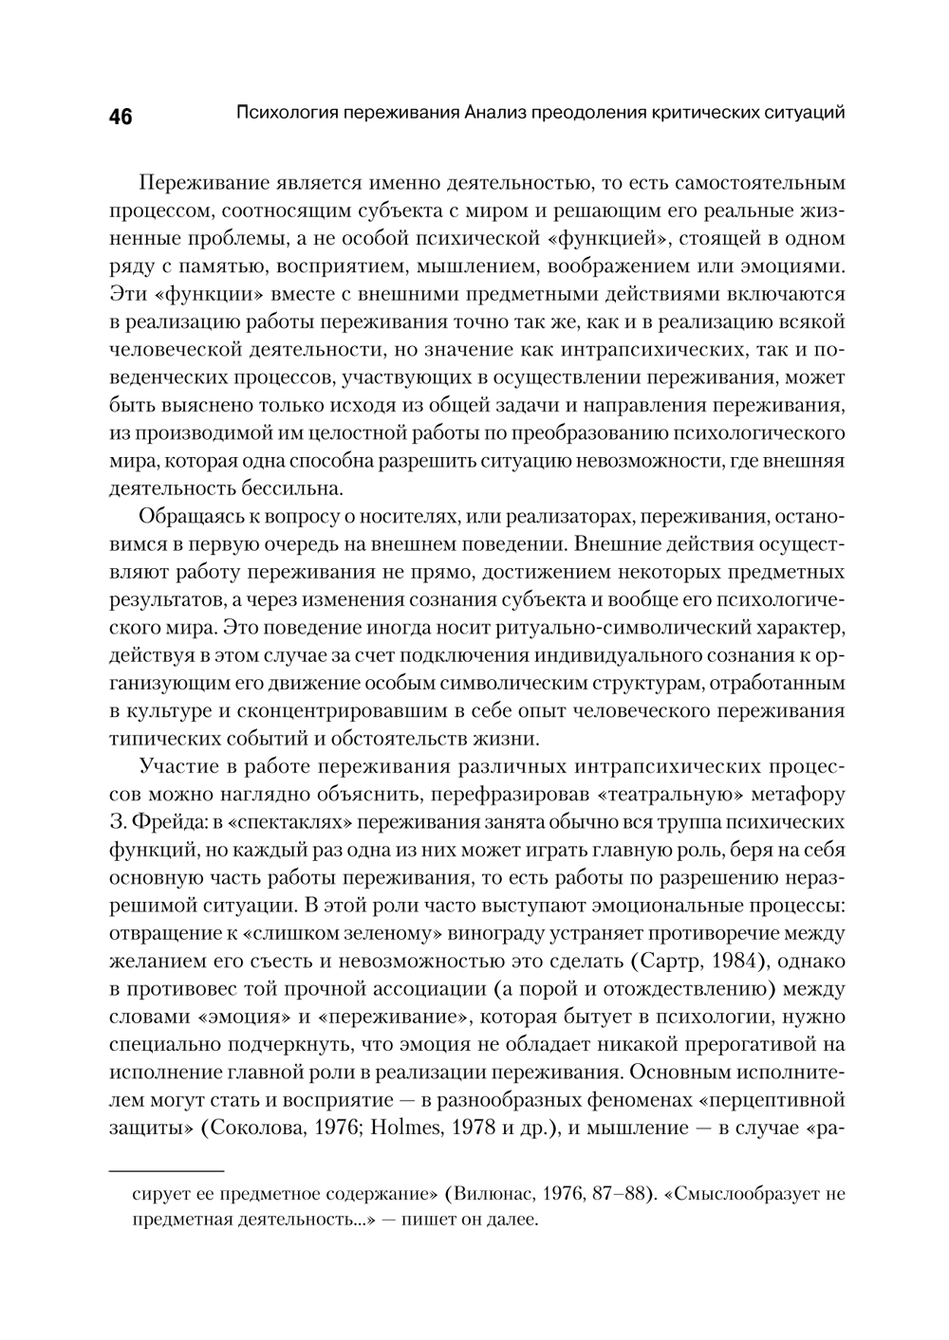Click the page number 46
(x=121, y=118)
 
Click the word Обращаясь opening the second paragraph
(x=189, y=517)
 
